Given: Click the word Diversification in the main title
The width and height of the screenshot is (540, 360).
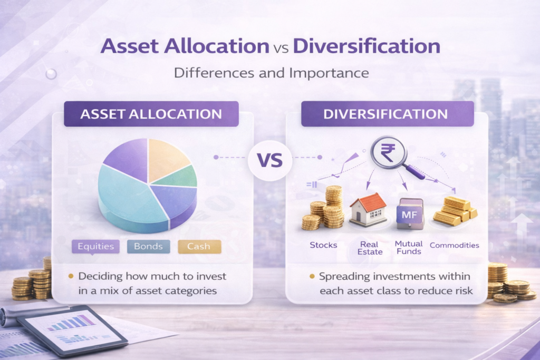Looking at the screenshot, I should pos(367,46).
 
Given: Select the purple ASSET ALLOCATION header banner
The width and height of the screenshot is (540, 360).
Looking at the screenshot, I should pos(151,114).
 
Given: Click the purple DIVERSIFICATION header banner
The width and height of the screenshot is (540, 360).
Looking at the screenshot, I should pos(388,114).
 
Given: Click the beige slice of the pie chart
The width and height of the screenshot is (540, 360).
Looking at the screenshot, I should pos(167,160).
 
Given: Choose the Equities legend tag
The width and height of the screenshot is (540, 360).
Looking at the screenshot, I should pos(95,246).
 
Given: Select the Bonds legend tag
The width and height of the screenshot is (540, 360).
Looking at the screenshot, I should pos(148,246).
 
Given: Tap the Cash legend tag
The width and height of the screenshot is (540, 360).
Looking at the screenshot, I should pos(199,246).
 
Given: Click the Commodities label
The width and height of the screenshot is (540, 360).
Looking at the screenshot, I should pos(454,245).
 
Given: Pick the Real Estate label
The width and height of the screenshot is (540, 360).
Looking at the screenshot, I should pos(369,248).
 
